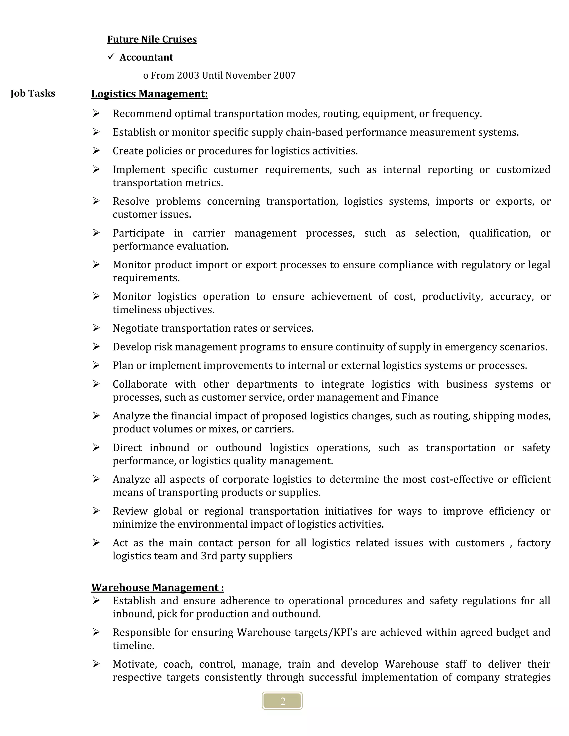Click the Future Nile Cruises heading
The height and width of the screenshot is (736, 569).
click(x=152, y=39)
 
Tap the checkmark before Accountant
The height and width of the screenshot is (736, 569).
click(x=111, y=56)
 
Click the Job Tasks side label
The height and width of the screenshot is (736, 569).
click(x=33, y=93)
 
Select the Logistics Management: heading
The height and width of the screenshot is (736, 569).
click(x=149, y=94)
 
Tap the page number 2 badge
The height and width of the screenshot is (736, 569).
click(x=282, y=701)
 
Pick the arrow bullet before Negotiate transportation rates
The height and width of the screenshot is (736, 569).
click(x=96, y=328)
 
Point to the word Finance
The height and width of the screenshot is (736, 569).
click(x=420, y=397)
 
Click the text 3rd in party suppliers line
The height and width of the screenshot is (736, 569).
click(x=209, y=556)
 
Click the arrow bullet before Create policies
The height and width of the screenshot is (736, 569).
click(x=96, y=151)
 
